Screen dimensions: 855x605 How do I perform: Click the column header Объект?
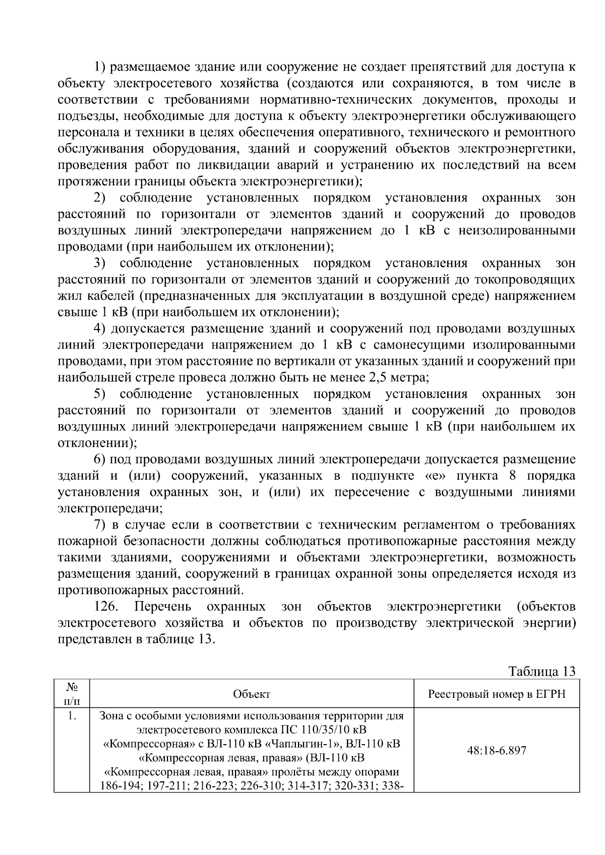252,694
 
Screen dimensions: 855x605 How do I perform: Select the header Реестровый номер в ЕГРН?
496,694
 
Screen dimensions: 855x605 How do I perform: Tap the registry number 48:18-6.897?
496,751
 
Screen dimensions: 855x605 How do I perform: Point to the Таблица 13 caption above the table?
541,672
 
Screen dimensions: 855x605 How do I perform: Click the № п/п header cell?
72,694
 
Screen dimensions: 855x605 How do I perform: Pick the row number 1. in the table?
72,715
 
